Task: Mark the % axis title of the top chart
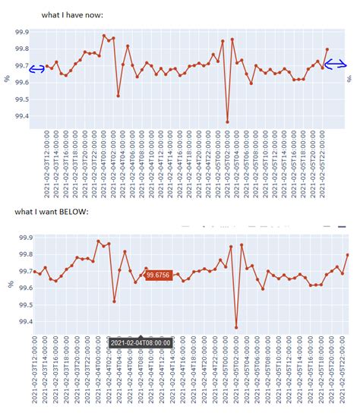[x=8, y=77]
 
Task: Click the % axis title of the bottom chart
[x=8, y=282]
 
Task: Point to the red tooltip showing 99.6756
[x=158, y=275]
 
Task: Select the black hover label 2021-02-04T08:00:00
[x=141, y=342]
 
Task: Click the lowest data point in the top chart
[x=227, y=121]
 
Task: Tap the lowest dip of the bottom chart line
[x=236, y=328]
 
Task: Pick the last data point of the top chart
[x=327, y=49]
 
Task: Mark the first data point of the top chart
[x=47, y=67]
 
